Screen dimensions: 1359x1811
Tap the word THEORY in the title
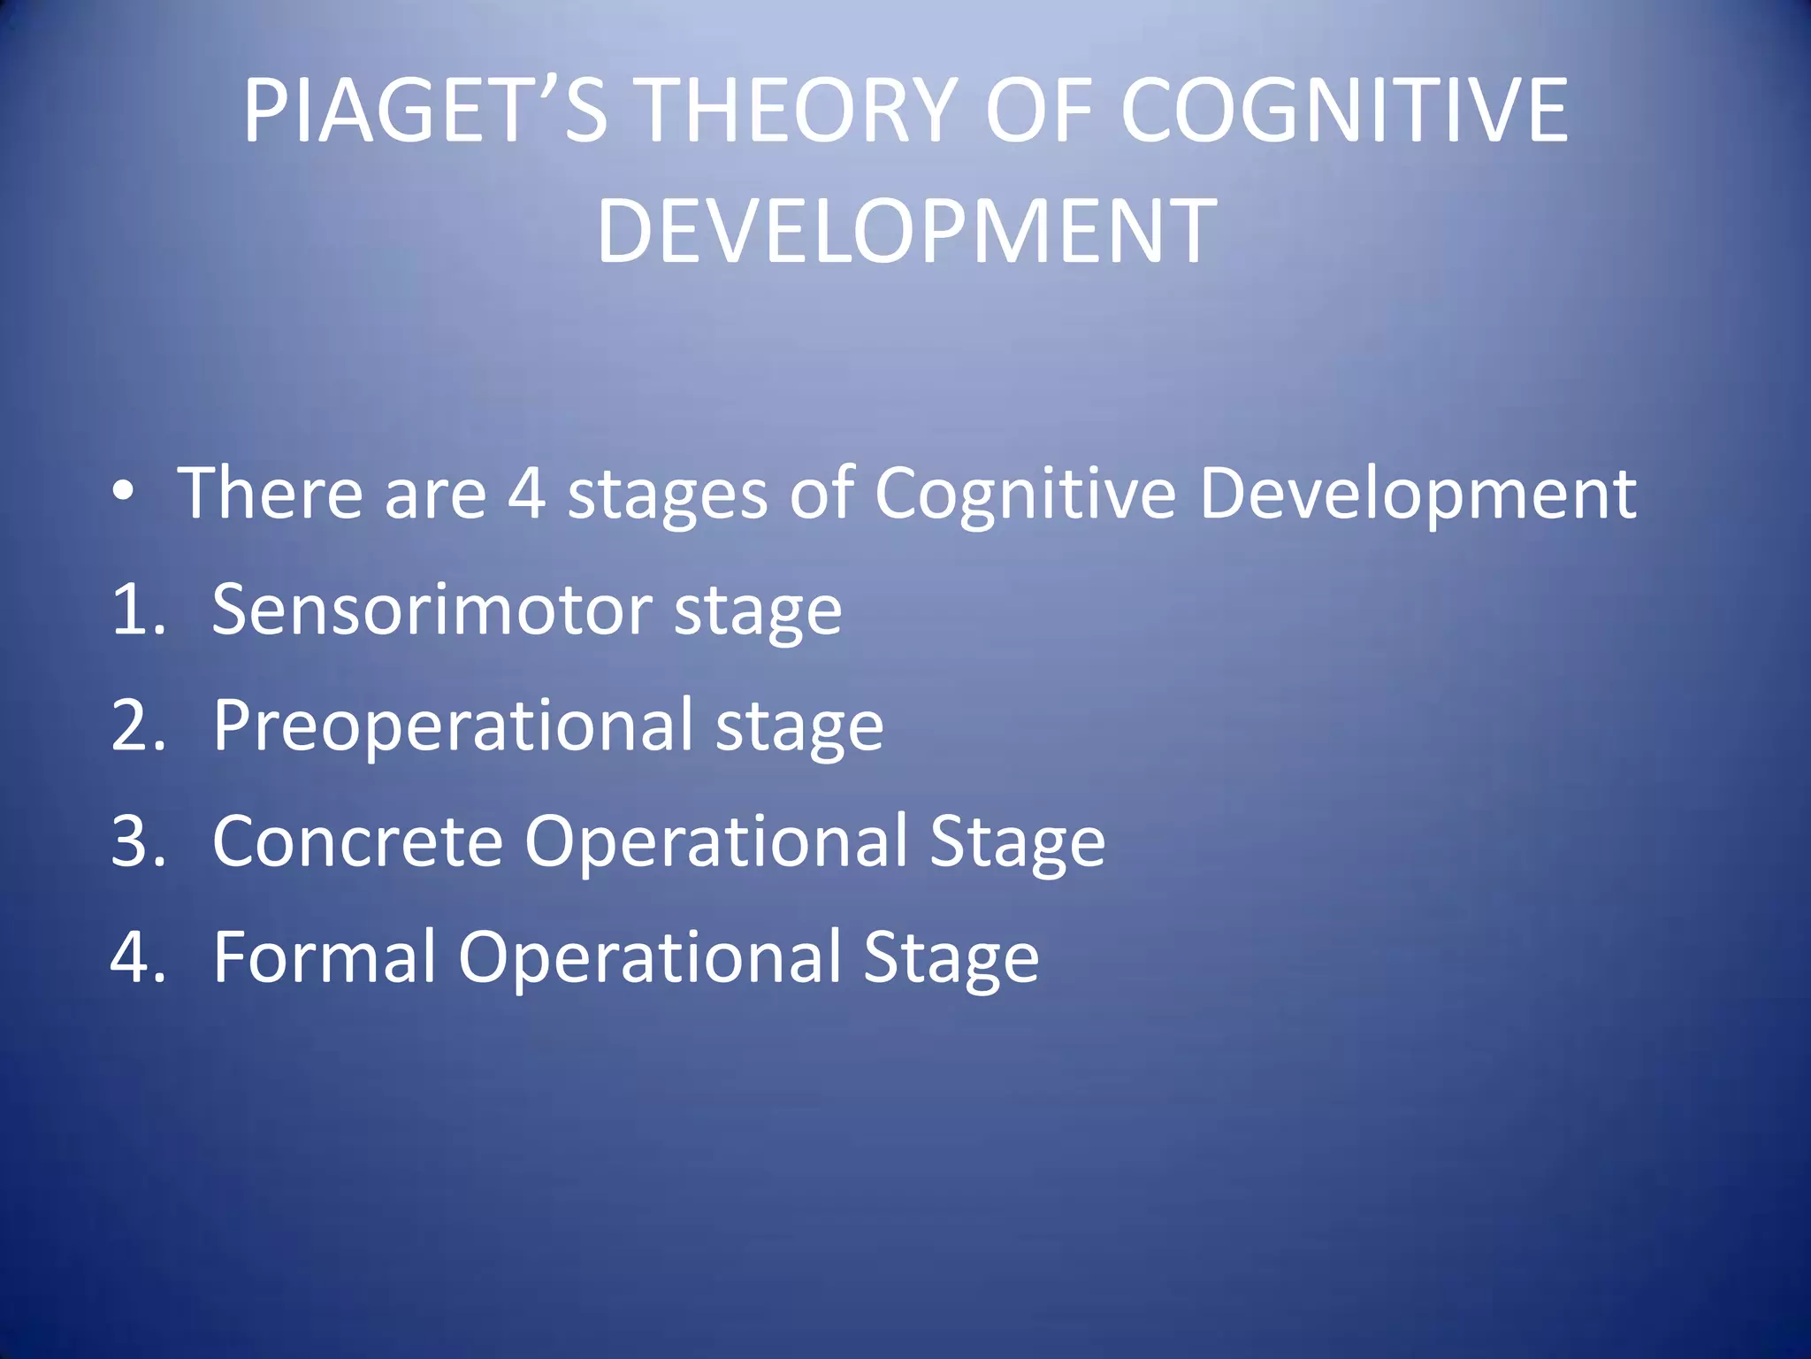tap(797, 111)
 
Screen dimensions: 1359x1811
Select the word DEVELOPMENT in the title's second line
tap(906, 232)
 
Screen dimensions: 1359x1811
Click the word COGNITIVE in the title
tap(1343, 111)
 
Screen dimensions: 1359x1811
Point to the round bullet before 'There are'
tap(124, 492)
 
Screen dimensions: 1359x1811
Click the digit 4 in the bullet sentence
tap(526, 494)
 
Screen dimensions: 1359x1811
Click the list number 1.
tap(137, 610)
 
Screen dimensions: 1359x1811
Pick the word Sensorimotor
tap(432, 610)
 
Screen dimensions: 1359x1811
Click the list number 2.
tap(137, 726)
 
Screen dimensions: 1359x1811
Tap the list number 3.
tap(137, 841)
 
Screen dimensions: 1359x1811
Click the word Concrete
tap(357, 841)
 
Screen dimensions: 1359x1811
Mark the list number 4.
tap(137, 957)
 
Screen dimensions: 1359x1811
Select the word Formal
tap(325, 957)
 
